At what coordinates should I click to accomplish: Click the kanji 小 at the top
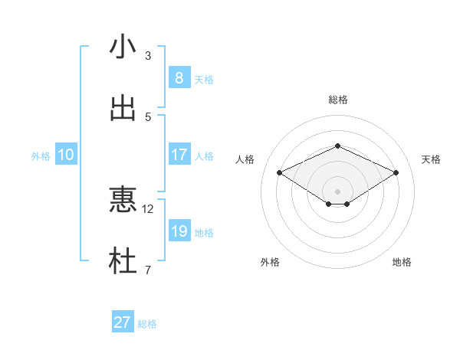(x=123, y=47)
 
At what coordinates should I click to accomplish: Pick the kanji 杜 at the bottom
(x=123, y=260)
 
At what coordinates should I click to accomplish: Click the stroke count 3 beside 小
(x=148, y=56)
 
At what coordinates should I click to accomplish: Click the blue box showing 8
(x=179, y=77)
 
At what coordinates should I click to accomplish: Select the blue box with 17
(x=179, y=155)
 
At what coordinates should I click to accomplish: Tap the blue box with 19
(x=179, y=231)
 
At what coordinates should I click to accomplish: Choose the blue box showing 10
(x=66, y=155)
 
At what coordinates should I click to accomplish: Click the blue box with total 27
(x=122, y=322)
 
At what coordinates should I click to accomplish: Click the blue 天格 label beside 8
(x=204, y=79)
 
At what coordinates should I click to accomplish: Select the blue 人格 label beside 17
(x=204, y=156)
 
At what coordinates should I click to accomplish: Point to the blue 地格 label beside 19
(x=204, y=232)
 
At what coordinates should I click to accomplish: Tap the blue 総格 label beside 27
(x=147, y=324)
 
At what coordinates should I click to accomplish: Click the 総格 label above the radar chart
(x=337, y=100)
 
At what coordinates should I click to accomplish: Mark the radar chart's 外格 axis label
(x=270, y=262)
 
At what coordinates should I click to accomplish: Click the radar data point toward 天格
(x=396, y=172)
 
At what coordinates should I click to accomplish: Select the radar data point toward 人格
(x=280, y=172)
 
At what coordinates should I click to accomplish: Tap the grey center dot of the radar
(x=337, y=191)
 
